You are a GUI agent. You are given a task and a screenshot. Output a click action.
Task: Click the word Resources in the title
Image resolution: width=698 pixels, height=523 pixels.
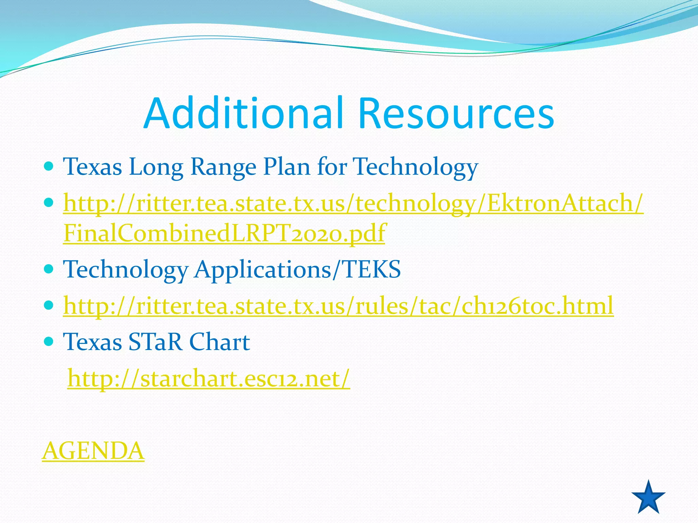(456, 113)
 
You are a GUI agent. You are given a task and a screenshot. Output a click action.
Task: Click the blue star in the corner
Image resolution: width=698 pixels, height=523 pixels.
(648, 498)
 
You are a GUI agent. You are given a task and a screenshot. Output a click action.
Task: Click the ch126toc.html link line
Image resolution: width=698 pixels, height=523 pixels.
(338, 305)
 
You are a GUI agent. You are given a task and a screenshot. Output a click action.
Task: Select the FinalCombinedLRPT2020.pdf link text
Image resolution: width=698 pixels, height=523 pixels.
(224, 233)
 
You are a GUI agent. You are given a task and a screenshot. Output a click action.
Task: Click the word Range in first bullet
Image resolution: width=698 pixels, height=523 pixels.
(223, 167)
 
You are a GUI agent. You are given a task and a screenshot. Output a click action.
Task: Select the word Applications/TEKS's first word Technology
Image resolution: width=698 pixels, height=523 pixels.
(125, 269)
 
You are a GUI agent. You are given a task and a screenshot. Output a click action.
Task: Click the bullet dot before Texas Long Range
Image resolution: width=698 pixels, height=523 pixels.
(49, 167)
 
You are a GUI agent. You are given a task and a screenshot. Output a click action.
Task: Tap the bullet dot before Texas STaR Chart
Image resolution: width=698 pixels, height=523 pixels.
(49, 341)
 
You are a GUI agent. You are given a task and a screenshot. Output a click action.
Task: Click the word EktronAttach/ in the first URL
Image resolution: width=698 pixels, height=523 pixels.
(565, 203)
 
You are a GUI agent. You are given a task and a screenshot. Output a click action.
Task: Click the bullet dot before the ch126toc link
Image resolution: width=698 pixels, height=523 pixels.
(49, 305)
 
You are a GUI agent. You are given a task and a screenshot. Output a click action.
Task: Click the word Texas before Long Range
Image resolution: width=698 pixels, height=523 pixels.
(92, 167)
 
